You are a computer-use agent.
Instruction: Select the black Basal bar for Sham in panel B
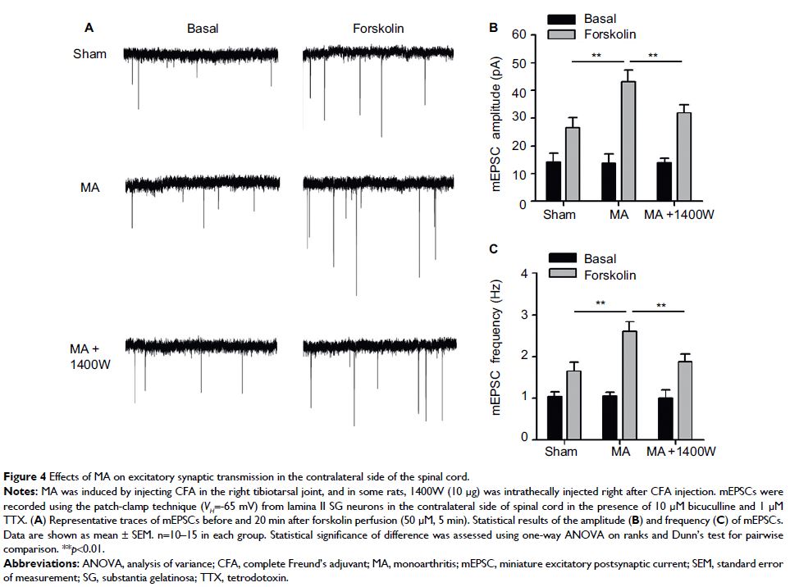coord(554,182)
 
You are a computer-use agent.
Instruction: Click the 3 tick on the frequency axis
coord(522,315)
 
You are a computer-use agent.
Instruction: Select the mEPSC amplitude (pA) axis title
coord(496,120)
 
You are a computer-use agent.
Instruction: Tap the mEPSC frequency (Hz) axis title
coord(496,357)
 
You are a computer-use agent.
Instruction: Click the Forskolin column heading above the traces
coord(378,29)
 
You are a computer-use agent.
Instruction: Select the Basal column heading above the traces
coord(203,29)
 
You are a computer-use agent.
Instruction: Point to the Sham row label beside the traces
coord(90,55)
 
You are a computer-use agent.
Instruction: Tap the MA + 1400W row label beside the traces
coord(89,357)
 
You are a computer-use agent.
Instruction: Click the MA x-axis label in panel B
coord(619,215)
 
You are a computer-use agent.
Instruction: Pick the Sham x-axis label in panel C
coord(561,452)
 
